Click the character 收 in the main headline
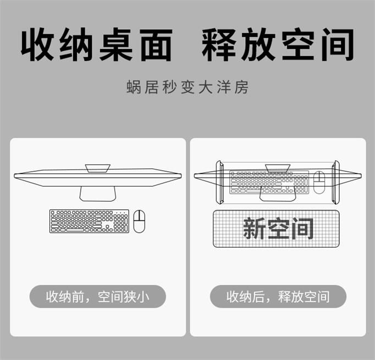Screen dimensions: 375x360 [x=37, y=45]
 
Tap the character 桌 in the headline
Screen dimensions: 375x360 [x=116, y=45]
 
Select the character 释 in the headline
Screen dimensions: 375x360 [x=218, y=45]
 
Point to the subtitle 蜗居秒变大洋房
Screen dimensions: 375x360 [x=187, y=87]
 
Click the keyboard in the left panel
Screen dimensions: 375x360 [x=89, y=221]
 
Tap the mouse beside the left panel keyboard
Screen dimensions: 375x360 [x=139, y=221]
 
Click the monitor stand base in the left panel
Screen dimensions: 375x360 [x=97, y=194]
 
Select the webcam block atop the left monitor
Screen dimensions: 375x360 [x=97, y=168]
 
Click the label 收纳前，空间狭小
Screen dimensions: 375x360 [x=97, y=297]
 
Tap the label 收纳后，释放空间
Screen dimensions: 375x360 [x=278, y=297]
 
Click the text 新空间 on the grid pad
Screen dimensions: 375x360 [x=278, y=228]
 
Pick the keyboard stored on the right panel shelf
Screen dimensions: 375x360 [x=269, y=182]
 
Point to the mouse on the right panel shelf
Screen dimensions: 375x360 [x=319, y=182]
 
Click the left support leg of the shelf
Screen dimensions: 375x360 [x=220, y=182]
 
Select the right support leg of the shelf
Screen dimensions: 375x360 [x=335, y=182]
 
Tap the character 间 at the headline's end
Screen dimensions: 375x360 [x=338, y=45]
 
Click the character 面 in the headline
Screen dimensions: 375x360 [x=156, y=45]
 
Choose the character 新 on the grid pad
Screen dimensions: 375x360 [x=254, y=228]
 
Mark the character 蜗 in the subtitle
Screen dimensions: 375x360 [x=134, y=87]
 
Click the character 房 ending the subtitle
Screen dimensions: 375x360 [x=241, y=87]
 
